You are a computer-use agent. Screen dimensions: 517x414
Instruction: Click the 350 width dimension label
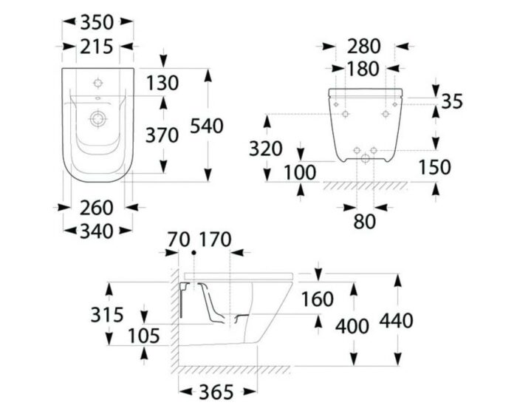pyautogui.click(x=97, y=22)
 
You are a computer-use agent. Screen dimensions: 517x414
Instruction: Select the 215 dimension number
pyautogui.click(x=97, y=47)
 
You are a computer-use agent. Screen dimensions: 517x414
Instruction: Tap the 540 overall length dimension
pyautogui.click(x=207, y=126)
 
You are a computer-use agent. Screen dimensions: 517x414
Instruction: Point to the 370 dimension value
pyautogui.click(x=162, y=135)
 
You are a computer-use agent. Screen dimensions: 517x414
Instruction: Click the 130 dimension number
pyautogui.click(x=162, y=83)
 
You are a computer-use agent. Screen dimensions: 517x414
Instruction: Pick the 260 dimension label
pyautogui.click(x=97, y=208)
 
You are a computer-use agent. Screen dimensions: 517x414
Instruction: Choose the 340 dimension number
pyautogui.click(x=97, y=231)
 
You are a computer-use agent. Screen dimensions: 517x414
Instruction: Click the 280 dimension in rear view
pyautogui.click(x=364, y=47)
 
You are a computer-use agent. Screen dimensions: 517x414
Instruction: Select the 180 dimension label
pyautogui.click(x=363, y=69)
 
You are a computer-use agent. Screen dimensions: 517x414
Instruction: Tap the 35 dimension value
pyautogui.click(x=452, y=101)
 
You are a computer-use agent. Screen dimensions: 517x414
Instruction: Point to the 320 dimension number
pyautogui.click(x=265, y=149)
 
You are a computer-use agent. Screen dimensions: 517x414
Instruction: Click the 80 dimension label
pyautogui.click(x=364, y=222)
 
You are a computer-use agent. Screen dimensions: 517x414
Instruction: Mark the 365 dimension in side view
pyautogui.click(x=216, y=393)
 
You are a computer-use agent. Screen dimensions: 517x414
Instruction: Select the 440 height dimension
pyautogui.click(x=396, y=321)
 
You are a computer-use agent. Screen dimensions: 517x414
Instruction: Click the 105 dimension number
pyautogui.click(x=144, y=336)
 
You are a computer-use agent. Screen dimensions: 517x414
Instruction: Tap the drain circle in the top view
pyautogui.click(x=98, y=119)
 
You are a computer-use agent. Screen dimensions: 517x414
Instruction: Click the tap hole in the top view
pyautogui.click(x=98, y=83)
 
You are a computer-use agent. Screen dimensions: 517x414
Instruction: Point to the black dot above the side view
pyautogui.click(x=194, y=253)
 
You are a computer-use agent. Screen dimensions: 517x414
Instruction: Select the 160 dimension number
pyautogui.click(x=318, y=299)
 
